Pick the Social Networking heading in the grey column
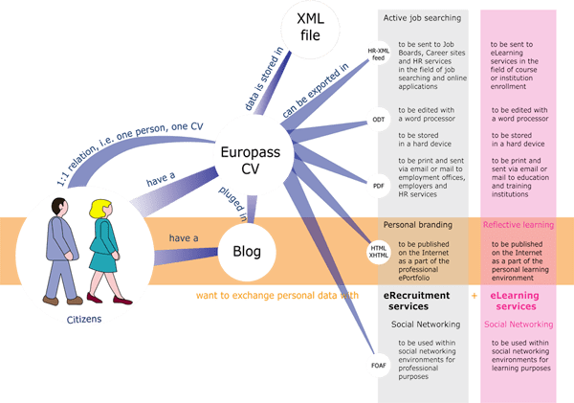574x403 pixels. [x=422, y=325]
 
